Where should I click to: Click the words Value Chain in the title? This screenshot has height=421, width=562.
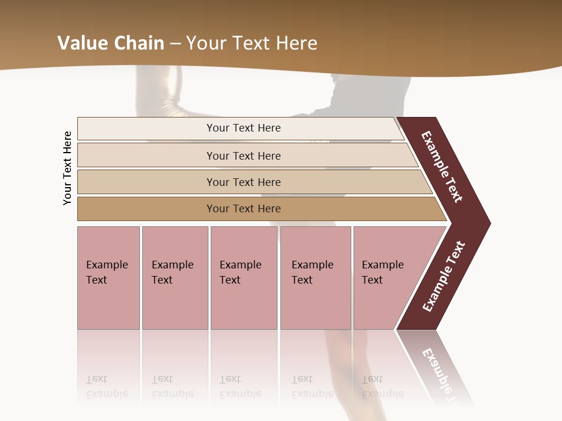coord(111,43)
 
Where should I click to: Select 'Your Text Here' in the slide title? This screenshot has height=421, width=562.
coord(252,43)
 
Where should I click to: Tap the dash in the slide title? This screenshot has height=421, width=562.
coord(175,43)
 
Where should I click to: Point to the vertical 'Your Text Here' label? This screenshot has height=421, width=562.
coord(67,168)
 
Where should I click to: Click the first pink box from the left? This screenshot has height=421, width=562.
coord(108,278)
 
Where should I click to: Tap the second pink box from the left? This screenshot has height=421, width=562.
coord(175,278)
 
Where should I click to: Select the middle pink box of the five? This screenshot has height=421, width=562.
coord(244,278)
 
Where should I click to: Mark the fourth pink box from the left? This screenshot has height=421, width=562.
coord(316,278)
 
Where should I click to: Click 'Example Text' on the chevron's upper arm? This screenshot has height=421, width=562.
coord(442,167)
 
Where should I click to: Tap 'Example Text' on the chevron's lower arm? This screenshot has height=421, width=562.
coord(444,276)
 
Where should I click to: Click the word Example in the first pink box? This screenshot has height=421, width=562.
coord(107,265)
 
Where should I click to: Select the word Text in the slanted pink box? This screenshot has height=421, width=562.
coord(372,280)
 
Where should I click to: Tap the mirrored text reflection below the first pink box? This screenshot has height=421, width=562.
coord(107,387)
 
